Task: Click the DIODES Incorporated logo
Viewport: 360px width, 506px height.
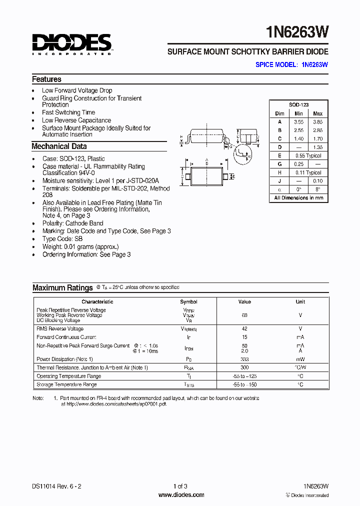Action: [x=72, y=43]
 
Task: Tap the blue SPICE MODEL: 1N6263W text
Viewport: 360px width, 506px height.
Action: [x=291, y=64]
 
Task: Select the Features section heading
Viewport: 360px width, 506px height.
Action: [x=46, y=79]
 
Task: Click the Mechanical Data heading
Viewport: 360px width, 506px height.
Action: [x=59, y=146]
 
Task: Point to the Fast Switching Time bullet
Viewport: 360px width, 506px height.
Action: [x=68, y=112]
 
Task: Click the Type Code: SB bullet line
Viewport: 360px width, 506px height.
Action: [x=62, y=239]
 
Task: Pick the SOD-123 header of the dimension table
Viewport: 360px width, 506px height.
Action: [x=298, y=104]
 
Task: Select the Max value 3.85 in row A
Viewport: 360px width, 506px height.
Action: [x=317, y=121]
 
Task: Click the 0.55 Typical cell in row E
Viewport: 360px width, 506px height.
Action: [x=308, y=155]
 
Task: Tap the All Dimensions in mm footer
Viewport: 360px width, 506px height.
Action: [x=298, y=197]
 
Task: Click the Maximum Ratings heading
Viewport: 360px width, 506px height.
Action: [x=62, y=287]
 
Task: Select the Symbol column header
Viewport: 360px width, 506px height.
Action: [x=188, y=301]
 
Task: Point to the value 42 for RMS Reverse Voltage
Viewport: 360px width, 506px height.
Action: [x=244, y=328]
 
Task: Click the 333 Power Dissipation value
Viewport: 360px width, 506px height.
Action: [x=244, y=359]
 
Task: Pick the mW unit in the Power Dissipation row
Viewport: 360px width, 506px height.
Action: [x=300, y=359]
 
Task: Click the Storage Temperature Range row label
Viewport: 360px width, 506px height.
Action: [x=66, y=384]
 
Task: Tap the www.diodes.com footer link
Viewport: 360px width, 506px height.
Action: [x=181, y=495]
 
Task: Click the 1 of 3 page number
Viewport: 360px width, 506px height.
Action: [x=180, y=486]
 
